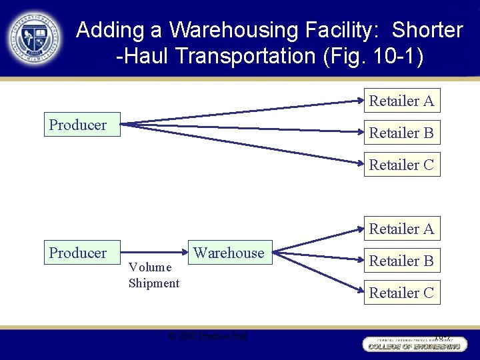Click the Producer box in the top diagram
pos(81,125)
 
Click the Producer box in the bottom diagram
pos(81,253)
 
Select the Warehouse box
pos(229,253)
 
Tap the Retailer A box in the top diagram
pos(401,101)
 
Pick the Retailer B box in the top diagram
pos(401,133)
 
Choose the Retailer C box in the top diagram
pos(401,165)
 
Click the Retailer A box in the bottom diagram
pos(401,229)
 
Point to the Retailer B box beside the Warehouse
pos(401,261)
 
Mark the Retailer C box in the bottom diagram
pos(401,293)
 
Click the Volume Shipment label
pos(153,275)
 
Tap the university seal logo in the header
pos(35,38)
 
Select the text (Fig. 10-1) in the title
pos(372,56)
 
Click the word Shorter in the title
pos(427,30)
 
